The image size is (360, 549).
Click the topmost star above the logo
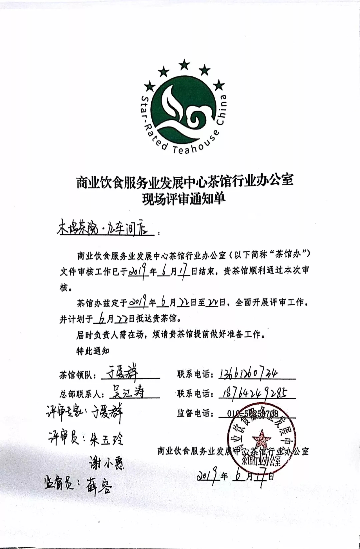pos(184,64)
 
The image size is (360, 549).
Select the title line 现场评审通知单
pos(184,199)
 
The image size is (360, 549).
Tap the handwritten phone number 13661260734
pos(248,374)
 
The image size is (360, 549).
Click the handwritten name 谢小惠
pos(107,463)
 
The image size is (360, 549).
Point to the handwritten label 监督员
pos(59,483)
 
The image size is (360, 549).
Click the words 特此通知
pos(93,351)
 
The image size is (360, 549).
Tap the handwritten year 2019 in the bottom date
pos(207,475)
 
